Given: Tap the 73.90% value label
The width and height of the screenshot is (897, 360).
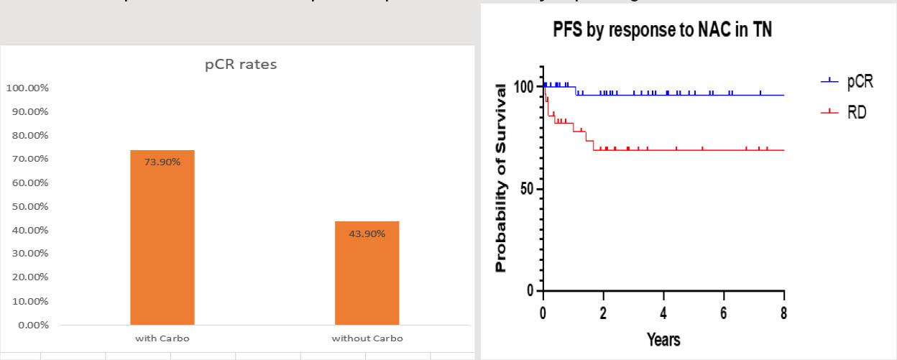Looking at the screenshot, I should (162, 162).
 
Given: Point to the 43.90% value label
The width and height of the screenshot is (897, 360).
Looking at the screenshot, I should (367, 234).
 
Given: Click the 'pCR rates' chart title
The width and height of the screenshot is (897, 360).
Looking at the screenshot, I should (241, 65).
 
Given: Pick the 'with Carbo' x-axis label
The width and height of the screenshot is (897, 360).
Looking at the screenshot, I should (162, 338).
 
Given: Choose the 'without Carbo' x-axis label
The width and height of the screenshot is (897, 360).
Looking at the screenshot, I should (367, 338).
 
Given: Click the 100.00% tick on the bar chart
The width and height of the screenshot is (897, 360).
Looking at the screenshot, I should (27, 88).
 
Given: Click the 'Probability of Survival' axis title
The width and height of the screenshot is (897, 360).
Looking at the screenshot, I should (502, 178).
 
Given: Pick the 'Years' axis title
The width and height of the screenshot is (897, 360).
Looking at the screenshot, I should (663, 339).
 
